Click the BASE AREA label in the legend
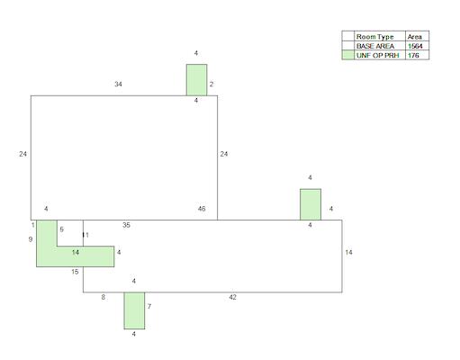click(x=375, y=46)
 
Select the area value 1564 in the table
click(x=415, y=46)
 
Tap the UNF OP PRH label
click(x=377, y=55)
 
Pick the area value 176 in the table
click(x=413, y=55)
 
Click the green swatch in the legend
click(x=348, y=55)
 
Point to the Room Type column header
click(x=374, y=37)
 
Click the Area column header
click(x=415, y=37)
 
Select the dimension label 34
click(x=118, y=85)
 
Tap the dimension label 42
click(x=232, y=297)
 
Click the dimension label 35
click(x=126, y=225)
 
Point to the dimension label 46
click(x=202, y=209)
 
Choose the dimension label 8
click(x=104, y=297)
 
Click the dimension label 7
click(x=149, y=307)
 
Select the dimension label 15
click(x=75, y=272)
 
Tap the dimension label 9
click(x=31, y=239)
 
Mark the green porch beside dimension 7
click(x=134, y=310)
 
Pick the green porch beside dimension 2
click(x=196, y=80)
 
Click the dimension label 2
click(x=212, y=85)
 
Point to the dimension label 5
click(x=62, y=229)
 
